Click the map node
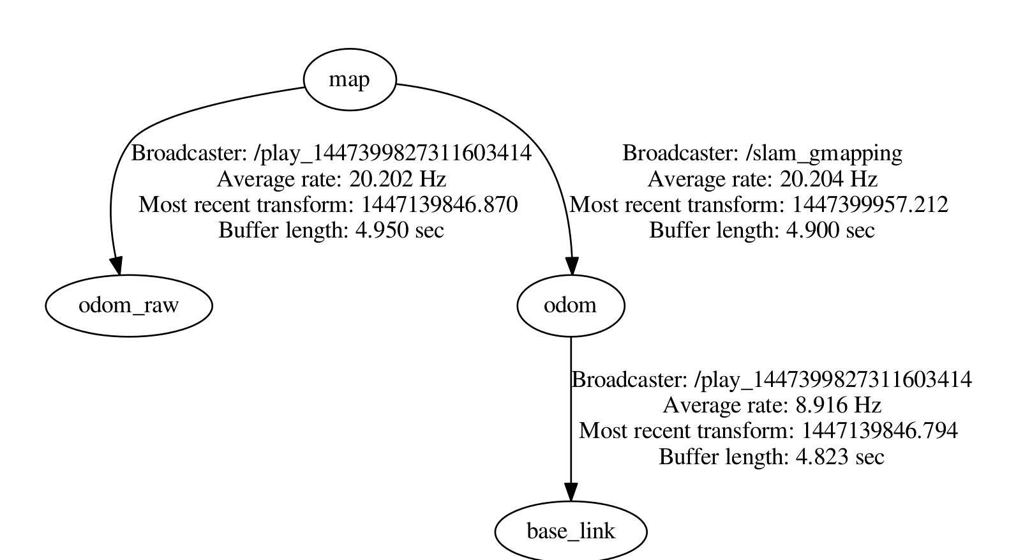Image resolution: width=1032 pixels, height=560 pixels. click(350, 80)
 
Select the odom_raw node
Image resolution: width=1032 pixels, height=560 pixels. click(129, 305)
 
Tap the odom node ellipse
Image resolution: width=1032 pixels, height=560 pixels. click(571, 305)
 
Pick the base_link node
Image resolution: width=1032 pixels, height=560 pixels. click(571, 531)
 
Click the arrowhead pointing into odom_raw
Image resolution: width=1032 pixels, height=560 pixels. click(116, 266)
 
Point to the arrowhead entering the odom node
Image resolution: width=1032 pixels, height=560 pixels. click(572, 266)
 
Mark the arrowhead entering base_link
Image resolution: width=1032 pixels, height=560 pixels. click(571, 492)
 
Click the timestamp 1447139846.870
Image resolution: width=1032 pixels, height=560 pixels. click(440, 204)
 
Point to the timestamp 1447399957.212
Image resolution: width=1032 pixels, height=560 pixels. click(870, 204)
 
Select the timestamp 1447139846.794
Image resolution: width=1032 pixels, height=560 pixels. click(879, 431)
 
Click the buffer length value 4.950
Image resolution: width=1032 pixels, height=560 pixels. click(382, 230)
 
